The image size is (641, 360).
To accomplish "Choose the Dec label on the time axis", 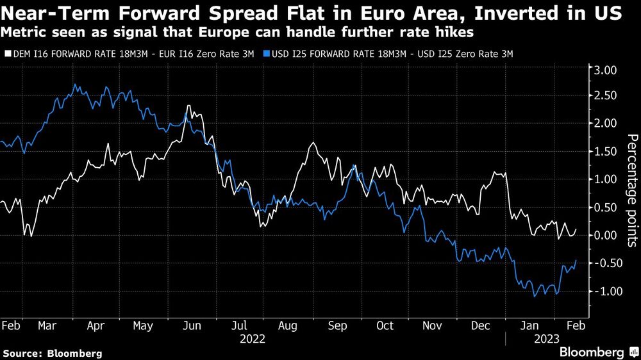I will [x=481, y=325].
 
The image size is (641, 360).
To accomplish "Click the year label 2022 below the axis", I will [x=251, y=338].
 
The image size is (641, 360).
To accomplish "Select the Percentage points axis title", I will [x=631, y=191].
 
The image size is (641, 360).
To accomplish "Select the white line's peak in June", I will [x=188, y=106].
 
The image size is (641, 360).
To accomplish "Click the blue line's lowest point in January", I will [x=535, y=297].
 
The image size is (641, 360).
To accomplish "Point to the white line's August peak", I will [x=312, y=143].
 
